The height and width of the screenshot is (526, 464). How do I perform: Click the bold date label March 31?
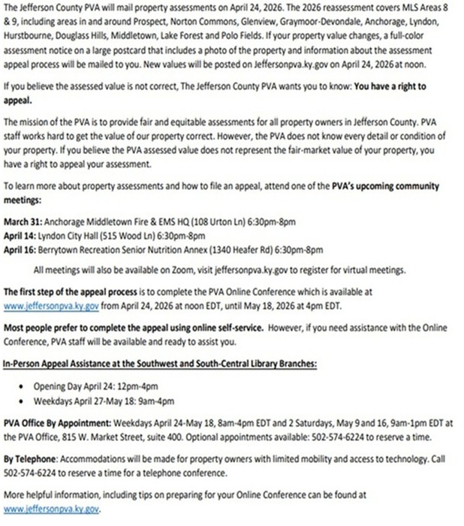click(23, 222)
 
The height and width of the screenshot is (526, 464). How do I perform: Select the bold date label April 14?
click(22, 236)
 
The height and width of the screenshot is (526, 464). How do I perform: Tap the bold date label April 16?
click(22, 249)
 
